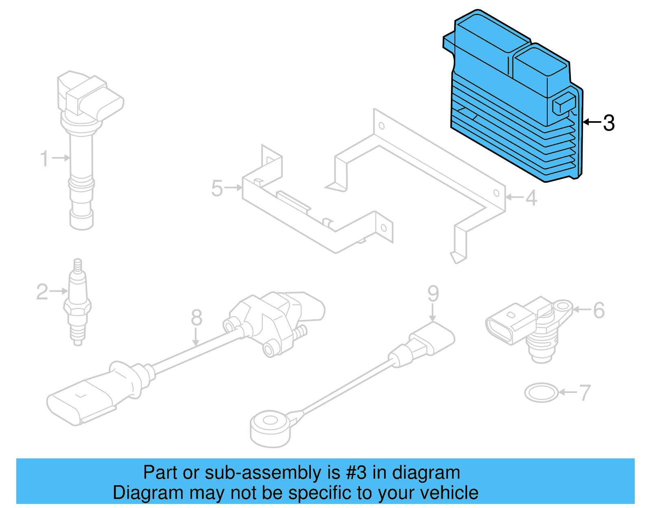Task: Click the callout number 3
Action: coord(609,123)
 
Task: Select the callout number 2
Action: coord(42,292)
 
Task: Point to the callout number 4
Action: coord(531,198)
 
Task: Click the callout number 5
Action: coord(217,189)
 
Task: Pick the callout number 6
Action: coord(599,310)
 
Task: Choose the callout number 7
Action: coord(584,393)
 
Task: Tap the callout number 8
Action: coord(197,317)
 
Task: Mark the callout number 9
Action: coord(433,293)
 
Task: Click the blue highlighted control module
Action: coord(513,102)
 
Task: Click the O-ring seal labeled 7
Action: coord(541,393)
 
